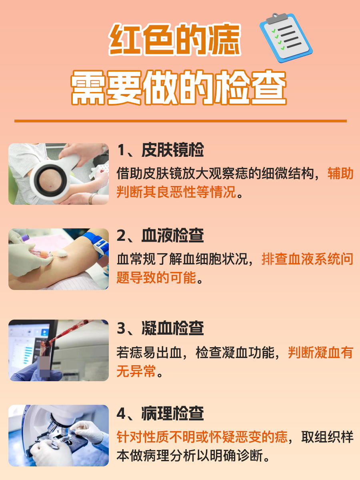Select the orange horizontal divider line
click(180, 120)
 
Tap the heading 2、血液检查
click(160, 236)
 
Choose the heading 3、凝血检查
click(160, 328)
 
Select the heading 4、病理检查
click(160, 413)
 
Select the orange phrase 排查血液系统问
click(307, 259)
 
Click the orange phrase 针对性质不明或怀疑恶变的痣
click(202, 437)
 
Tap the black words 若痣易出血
click(150, 353)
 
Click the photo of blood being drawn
click(58, 259)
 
